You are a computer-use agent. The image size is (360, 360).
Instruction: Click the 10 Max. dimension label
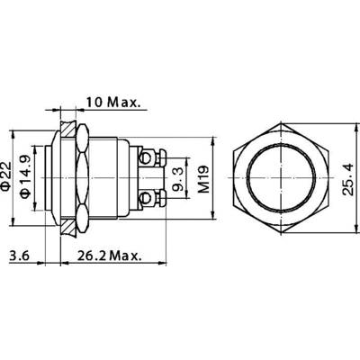113,103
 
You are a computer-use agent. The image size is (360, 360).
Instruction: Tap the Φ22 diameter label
6,177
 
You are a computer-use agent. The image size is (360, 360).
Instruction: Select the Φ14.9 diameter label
25,176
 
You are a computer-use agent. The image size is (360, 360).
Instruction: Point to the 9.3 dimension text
177,179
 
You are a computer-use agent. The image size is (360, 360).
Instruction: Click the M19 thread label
204,179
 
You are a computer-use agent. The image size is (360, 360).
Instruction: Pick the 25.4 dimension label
348,179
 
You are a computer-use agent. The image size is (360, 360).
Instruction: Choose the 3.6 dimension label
19,256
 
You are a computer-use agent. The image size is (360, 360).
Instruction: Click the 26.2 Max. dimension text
109,256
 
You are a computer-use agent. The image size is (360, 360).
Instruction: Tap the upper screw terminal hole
146,157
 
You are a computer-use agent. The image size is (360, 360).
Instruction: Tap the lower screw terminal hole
146,198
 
